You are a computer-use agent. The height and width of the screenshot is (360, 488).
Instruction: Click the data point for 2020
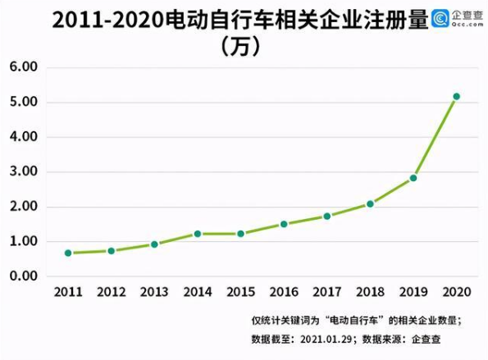pyautogui.click(x=456, y=97)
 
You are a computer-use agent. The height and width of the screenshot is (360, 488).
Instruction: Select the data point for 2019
pyautogui.click(x=413, y=178)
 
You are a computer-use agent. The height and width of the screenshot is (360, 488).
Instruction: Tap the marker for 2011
pyautogui.click(x=68, y=253)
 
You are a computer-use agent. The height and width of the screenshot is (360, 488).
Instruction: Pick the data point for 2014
pyautogui.click(x=197, y=234)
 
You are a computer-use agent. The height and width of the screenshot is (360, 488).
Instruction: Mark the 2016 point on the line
pyautogui.click(x=284, y=224)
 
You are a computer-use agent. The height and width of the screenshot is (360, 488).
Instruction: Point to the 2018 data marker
pyautogui.click(x=370, y=203)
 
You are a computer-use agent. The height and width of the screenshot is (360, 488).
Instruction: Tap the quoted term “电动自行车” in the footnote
pyautogui.click(x=347, y=320)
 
